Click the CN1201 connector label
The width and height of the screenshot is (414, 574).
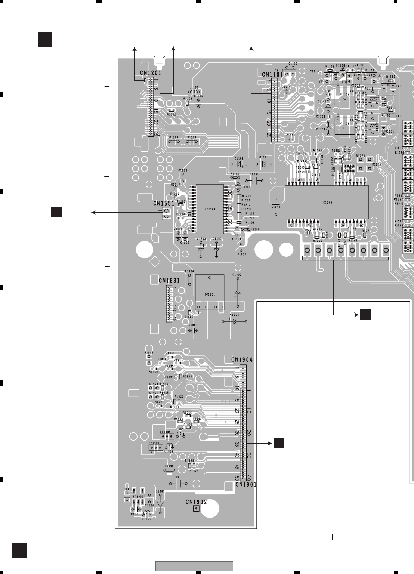[151, 73]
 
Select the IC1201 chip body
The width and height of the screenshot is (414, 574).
[210, 209]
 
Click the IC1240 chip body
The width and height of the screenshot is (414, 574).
[327, 203]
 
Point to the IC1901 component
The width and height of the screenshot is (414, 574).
[210, 294]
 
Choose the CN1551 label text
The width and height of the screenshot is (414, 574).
[164, 204]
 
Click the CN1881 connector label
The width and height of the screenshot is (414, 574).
[169, 280]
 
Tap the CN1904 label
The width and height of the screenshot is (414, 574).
[242, 360]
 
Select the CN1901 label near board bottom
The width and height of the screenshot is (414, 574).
[246, 484]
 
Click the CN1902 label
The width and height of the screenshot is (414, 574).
[196, 502]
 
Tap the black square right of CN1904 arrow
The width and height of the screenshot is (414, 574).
[279, 443]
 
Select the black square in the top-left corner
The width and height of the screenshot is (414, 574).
[45, 40]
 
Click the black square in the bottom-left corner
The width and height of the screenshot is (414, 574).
[19, 550]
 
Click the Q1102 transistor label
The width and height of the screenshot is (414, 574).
[345, 95]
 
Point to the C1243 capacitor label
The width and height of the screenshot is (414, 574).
[276, 207]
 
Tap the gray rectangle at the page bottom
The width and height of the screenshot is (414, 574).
[194, 566]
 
